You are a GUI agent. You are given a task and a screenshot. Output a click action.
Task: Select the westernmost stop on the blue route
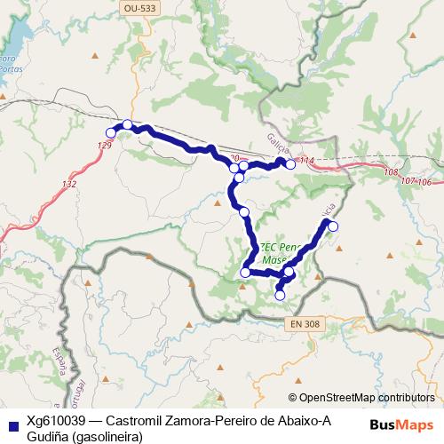point(111,133)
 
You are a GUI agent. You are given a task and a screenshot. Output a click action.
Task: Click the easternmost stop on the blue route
point(334,226)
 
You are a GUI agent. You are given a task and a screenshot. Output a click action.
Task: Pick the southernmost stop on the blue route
point(281,295)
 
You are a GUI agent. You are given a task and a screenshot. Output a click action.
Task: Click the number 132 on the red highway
point(70,184)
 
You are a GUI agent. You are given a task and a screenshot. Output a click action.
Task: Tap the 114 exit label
point(307,160)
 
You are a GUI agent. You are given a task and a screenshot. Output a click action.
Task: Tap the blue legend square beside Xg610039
point(12,423)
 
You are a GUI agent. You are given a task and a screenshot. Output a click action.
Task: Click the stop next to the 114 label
point(290,164)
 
